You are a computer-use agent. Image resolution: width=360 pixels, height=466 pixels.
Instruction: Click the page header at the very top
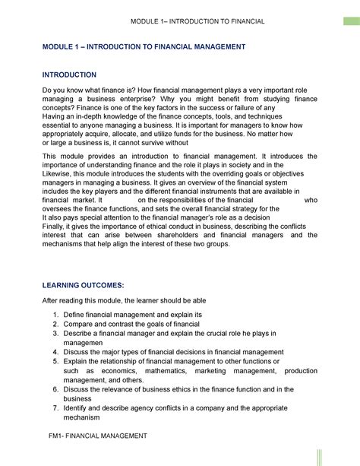click(x=197, y=21)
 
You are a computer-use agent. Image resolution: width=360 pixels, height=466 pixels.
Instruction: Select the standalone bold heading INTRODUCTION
click(x=69, y=75)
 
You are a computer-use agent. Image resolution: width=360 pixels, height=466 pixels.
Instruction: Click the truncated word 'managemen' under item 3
click(x=84, y=342)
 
